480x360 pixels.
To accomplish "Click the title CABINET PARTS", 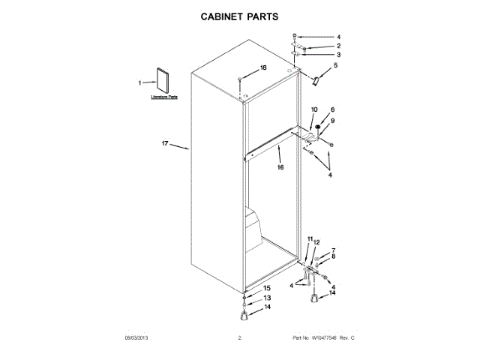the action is click(239, 15).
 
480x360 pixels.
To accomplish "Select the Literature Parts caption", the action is click(163, 97).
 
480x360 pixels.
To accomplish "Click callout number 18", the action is click(263, 68).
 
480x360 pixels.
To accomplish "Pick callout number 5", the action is click(335, 65).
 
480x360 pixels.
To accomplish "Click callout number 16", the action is click(280, 168).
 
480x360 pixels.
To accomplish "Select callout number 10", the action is click(314, 110).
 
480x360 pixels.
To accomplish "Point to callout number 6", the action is click(333, 110).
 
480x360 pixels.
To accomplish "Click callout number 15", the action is click(267, 288).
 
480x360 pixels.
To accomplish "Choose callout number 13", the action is click(267, 298).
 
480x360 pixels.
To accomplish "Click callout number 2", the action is click(338, 46).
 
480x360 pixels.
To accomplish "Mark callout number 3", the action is click(338, 55).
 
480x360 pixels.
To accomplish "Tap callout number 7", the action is click(334, 250).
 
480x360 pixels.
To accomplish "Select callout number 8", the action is click(334, 256).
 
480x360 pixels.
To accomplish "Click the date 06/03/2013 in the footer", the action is click(136, 338).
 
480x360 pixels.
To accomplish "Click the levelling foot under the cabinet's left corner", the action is click(245, 313).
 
